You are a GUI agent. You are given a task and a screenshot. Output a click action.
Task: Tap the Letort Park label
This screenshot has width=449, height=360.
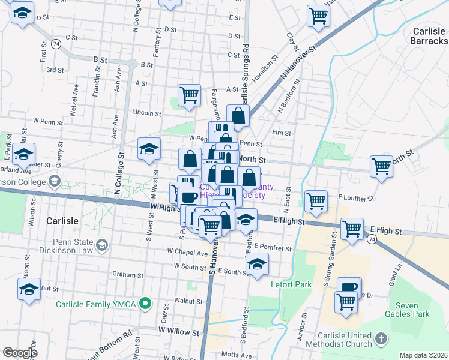click(292, 284)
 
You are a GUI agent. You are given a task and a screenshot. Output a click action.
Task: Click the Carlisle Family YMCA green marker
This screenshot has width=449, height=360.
click(144, 304)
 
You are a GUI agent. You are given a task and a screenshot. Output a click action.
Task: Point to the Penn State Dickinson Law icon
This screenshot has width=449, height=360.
click(103, 245)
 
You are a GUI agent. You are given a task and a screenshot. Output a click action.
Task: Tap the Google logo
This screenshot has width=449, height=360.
click(20, 353)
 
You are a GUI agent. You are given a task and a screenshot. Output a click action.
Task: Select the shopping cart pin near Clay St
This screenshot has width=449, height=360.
click(318, 16)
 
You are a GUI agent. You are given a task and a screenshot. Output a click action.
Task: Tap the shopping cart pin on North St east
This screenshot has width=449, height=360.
click(382, 166)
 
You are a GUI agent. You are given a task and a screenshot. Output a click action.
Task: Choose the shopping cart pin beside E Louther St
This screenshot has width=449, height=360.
click(316, 201)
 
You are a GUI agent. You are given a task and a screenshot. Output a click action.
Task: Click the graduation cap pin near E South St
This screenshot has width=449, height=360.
click(257, 263)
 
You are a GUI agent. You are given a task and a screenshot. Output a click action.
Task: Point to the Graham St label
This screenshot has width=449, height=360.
click(127, 275)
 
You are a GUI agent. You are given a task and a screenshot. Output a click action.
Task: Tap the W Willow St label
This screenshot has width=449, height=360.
click(178, 331)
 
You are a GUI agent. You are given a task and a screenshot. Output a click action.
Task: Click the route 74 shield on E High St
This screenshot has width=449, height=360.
click(373, 239)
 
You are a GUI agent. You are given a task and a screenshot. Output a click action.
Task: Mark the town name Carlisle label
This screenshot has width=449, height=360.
click(62, 221)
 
